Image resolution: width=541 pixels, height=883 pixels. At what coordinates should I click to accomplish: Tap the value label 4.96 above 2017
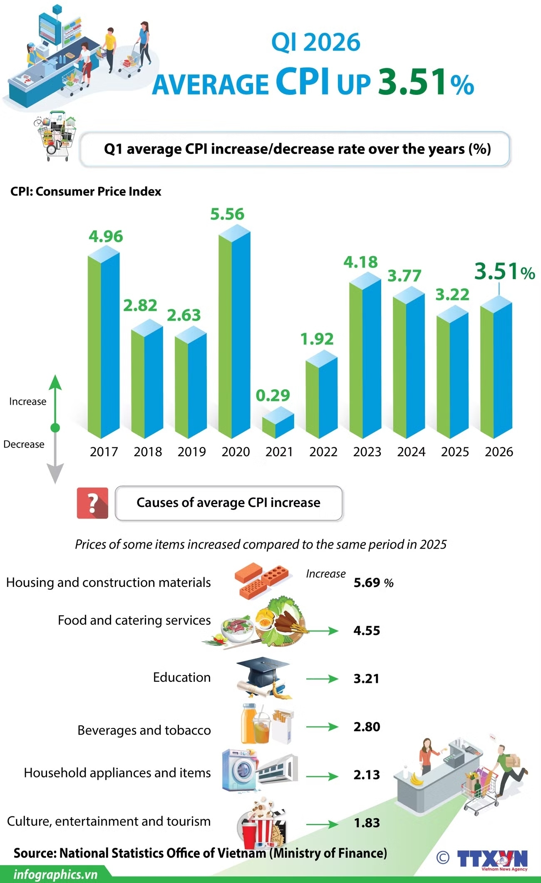(x=106, y=236)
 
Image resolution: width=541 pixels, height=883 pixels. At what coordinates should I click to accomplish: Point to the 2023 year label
(x=367, y=452)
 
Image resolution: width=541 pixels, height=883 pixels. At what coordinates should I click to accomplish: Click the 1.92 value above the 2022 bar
(x=317, y=339)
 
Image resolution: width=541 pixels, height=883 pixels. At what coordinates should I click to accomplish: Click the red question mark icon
(x=92, y=503)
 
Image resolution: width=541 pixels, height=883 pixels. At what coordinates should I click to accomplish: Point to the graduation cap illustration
(x=263, y=677)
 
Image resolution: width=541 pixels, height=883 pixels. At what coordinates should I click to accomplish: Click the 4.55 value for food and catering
(x=367, y=631)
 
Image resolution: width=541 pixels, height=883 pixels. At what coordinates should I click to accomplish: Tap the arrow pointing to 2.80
(x=322, y=727)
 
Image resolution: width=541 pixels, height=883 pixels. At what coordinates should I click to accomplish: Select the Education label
(x=181, y=677)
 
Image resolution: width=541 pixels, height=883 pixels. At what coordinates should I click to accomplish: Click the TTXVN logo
(x=492, y=859)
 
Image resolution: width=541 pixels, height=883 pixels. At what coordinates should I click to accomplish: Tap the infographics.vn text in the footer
(x=55, y=874)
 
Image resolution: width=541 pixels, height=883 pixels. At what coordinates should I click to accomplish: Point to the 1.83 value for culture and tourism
(x=367, y=823)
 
